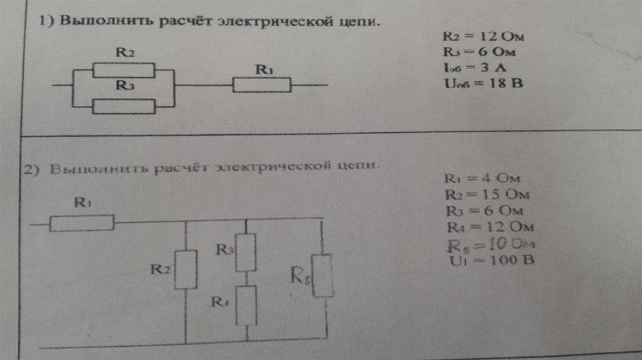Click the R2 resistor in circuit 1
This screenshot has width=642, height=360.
coord(124,70)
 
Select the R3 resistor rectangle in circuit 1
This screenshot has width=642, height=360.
coord(124,107)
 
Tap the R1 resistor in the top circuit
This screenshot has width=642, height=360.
coord(262,85)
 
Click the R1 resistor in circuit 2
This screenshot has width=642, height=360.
coord(82,222)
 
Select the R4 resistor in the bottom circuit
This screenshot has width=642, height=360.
coord(247,305)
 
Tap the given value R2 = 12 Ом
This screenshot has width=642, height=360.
coord(483,38)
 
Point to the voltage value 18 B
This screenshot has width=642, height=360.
coord(482,83)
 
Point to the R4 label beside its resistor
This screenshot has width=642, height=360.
coord(218,301)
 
